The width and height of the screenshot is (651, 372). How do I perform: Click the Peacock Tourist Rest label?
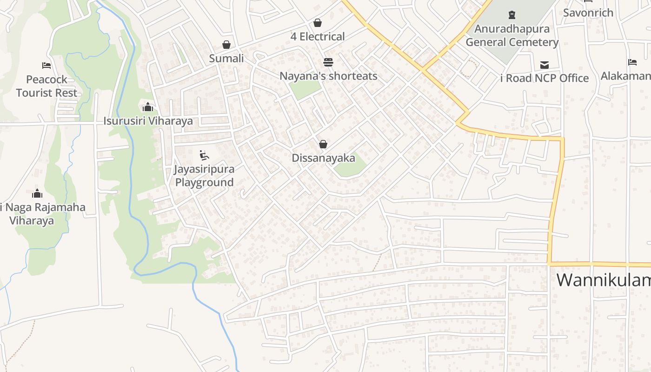[x=46, y=86]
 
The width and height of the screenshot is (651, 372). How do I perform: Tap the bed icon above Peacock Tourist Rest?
[x=46, y=65]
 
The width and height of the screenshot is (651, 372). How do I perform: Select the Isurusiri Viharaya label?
[x=148, y=121]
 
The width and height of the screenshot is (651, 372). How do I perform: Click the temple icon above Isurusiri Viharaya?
[x=148, y=107]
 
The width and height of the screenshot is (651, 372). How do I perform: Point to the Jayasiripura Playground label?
[x=204, y=175]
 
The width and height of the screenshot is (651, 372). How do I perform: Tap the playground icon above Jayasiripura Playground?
[x=204, y=155]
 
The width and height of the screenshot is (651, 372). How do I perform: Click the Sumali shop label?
[x=226, y=59]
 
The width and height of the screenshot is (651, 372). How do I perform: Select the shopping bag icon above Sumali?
[x=226, y=45]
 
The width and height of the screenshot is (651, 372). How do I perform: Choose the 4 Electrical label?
[x=318, y=36]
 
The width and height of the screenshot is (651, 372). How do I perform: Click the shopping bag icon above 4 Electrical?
[x=318, y=22]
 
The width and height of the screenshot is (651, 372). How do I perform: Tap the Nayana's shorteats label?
[x=328, y=76]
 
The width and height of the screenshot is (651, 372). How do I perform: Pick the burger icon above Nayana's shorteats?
[x=328, y=62]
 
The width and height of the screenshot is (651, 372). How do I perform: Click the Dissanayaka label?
[x=323, y=158]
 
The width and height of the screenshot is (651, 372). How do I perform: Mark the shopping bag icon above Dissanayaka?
[x=323, y=144]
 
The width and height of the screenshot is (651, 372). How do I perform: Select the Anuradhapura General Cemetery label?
[x=511, y=35]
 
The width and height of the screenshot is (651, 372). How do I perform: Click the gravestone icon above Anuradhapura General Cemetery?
[x=511, y=15]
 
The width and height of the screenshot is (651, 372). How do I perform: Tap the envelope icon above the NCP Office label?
[x=545, y=65]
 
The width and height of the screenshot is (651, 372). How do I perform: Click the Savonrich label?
[x=588, y=13]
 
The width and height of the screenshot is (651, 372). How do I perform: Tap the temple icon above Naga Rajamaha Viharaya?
[x=37, y=193]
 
